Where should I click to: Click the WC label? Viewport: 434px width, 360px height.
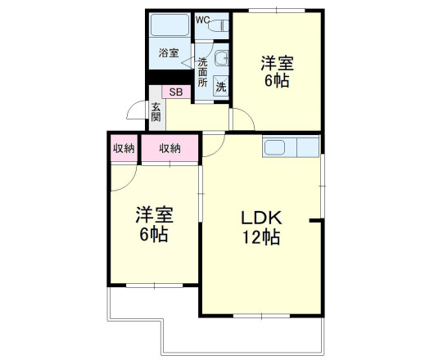click(x=202, y=20)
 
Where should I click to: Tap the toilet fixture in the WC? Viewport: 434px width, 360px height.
click(x=219, y=25)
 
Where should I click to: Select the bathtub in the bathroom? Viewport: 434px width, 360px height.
click(x=170, y=25)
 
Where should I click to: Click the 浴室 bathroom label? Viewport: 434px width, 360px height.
click(x=169, y=53)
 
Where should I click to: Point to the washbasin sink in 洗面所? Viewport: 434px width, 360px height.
click(x=222, y=58)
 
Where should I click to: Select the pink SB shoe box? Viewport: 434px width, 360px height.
click(x=176, y=92)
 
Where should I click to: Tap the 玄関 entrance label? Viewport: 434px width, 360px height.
click(x=156, y=112)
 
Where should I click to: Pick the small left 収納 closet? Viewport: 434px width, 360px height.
click(x=124, y=148)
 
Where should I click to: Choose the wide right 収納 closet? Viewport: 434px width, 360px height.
click(x=170, y=148)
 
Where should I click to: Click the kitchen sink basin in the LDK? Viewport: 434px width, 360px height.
click(x=274, y=147)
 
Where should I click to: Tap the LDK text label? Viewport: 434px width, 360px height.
click(x=261, y=218)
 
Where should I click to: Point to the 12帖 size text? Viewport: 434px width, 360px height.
click(x=261, y=237)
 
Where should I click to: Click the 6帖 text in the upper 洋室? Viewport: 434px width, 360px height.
click(x=277, y=81)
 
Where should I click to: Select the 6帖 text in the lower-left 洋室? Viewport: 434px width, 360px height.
click(x=154, y=235)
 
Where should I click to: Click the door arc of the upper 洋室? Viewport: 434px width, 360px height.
click(x=248, y=115)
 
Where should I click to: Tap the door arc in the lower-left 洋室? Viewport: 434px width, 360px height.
click(x=130, y=184)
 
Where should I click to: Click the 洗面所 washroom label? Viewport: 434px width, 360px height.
click(x=202, y=72)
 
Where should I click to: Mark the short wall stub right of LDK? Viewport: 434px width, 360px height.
click(x=315, y=220)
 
